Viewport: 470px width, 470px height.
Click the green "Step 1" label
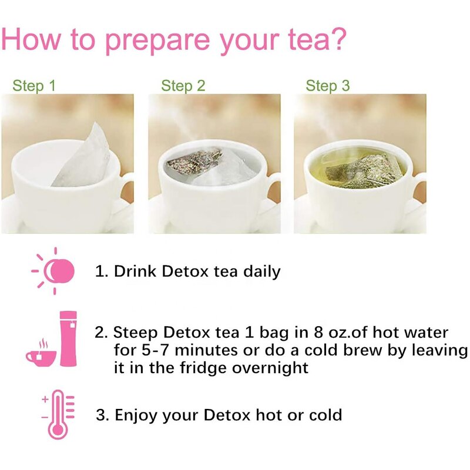34,86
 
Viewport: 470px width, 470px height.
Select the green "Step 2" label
183,86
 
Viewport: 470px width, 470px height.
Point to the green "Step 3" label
328,86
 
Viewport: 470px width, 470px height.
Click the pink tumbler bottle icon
69,338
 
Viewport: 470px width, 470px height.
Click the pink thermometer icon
58,414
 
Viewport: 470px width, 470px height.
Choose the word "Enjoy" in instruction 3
135,415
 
